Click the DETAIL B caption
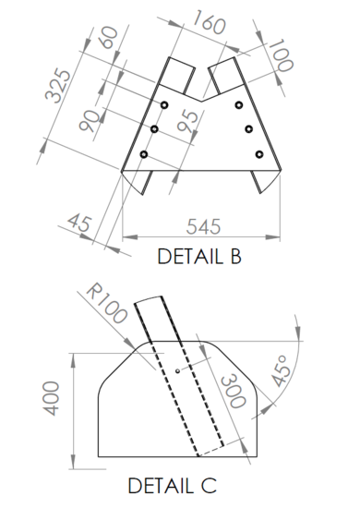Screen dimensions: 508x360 pos(198,256)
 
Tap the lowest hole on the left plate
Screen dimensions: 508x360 pos(144,153)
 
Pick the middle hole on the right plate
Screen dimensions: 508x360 pos(248,128)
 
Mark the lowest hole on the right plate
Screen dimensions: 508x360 pos(259,153)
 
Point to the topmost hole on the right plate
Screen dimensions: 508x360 pos(238,105)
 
